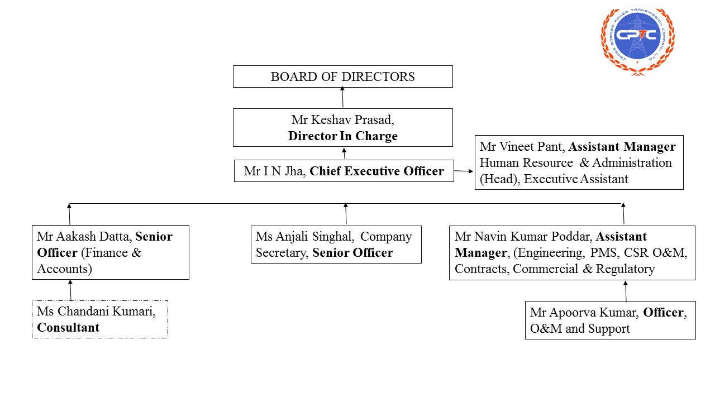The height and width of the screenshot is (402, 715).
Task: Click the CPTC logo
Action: (637, 38)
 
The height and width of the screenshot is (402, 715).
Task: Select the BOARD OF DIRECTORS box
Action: (342, 76)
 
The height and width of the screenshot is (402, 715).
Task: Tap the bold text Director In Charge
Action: (342, 136)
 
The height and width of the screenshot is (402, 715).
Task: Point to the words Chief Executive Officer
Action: (376, 171)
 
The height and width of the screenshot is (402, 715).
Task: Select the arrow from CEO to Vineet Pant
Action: (464, 171)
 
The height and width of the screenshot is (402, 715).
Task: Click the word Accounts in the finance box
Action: (64, 269)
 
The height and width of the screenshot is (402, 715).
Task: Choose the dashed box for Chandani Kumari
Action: (100, 319)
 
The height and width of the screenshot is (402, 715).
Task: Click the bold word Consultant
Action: (68, 328)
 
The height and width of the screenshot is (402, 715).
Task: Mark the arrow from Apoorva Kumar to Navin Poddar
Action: (625, 291)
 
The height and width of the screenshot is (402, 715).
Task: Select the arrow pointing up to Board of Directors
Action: (342, 98)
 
